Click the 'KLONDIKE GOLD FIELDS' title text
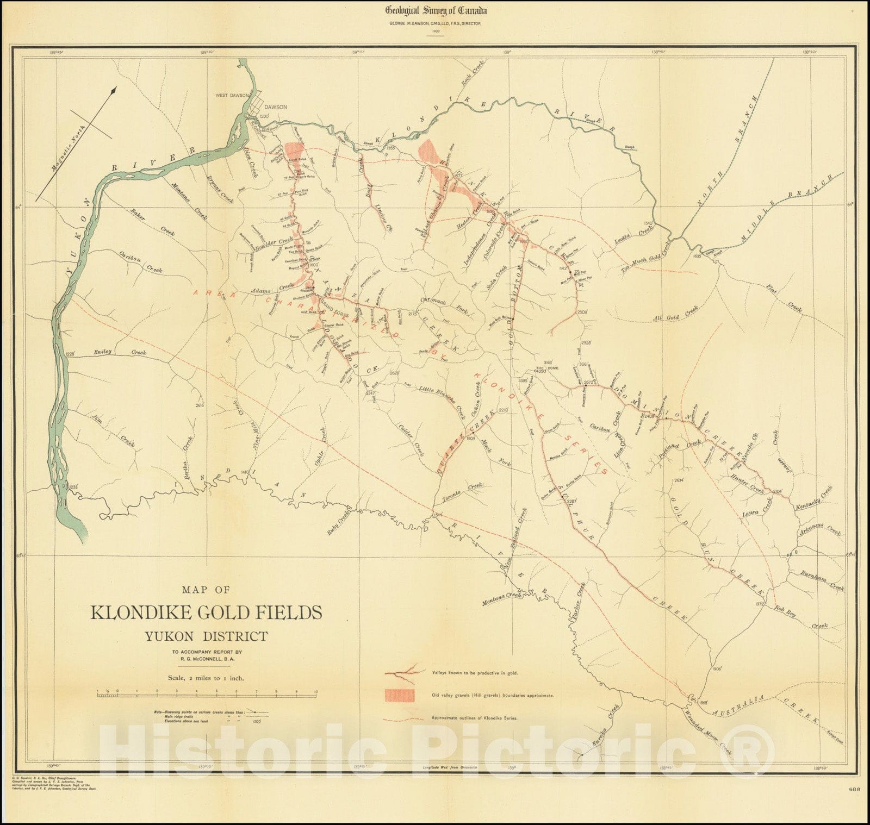pyautogui.click(x=206, y=612)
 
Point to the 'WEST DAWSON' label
pyautogui.click(x=232, y=95)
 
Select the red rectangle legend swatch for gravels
pyautogui.click(x=400, y=695)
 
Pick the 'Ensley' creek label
pyautogui.click(x=102, y=352)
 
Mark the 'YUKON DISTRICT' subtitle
pyautogui.click(x=206, y=636)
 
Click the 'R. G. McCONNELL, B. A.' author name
pyautogui.click(x=206, y=660)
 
